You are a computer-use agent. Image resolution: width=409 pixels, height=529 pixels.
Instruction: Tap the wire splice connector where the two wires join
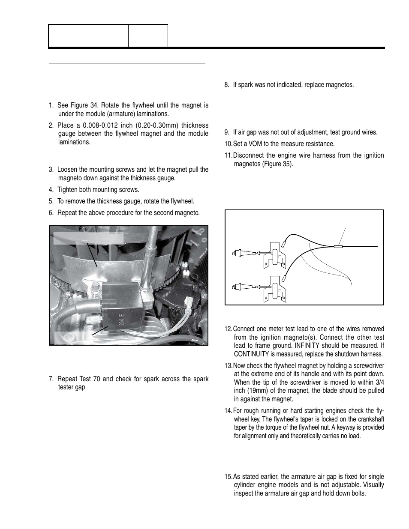pyautogui.click(x=338, y=246)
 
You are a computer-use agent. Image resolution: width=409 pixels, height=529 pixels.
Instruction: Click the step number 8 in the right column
pyautogui.click(x=227, y=85)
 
